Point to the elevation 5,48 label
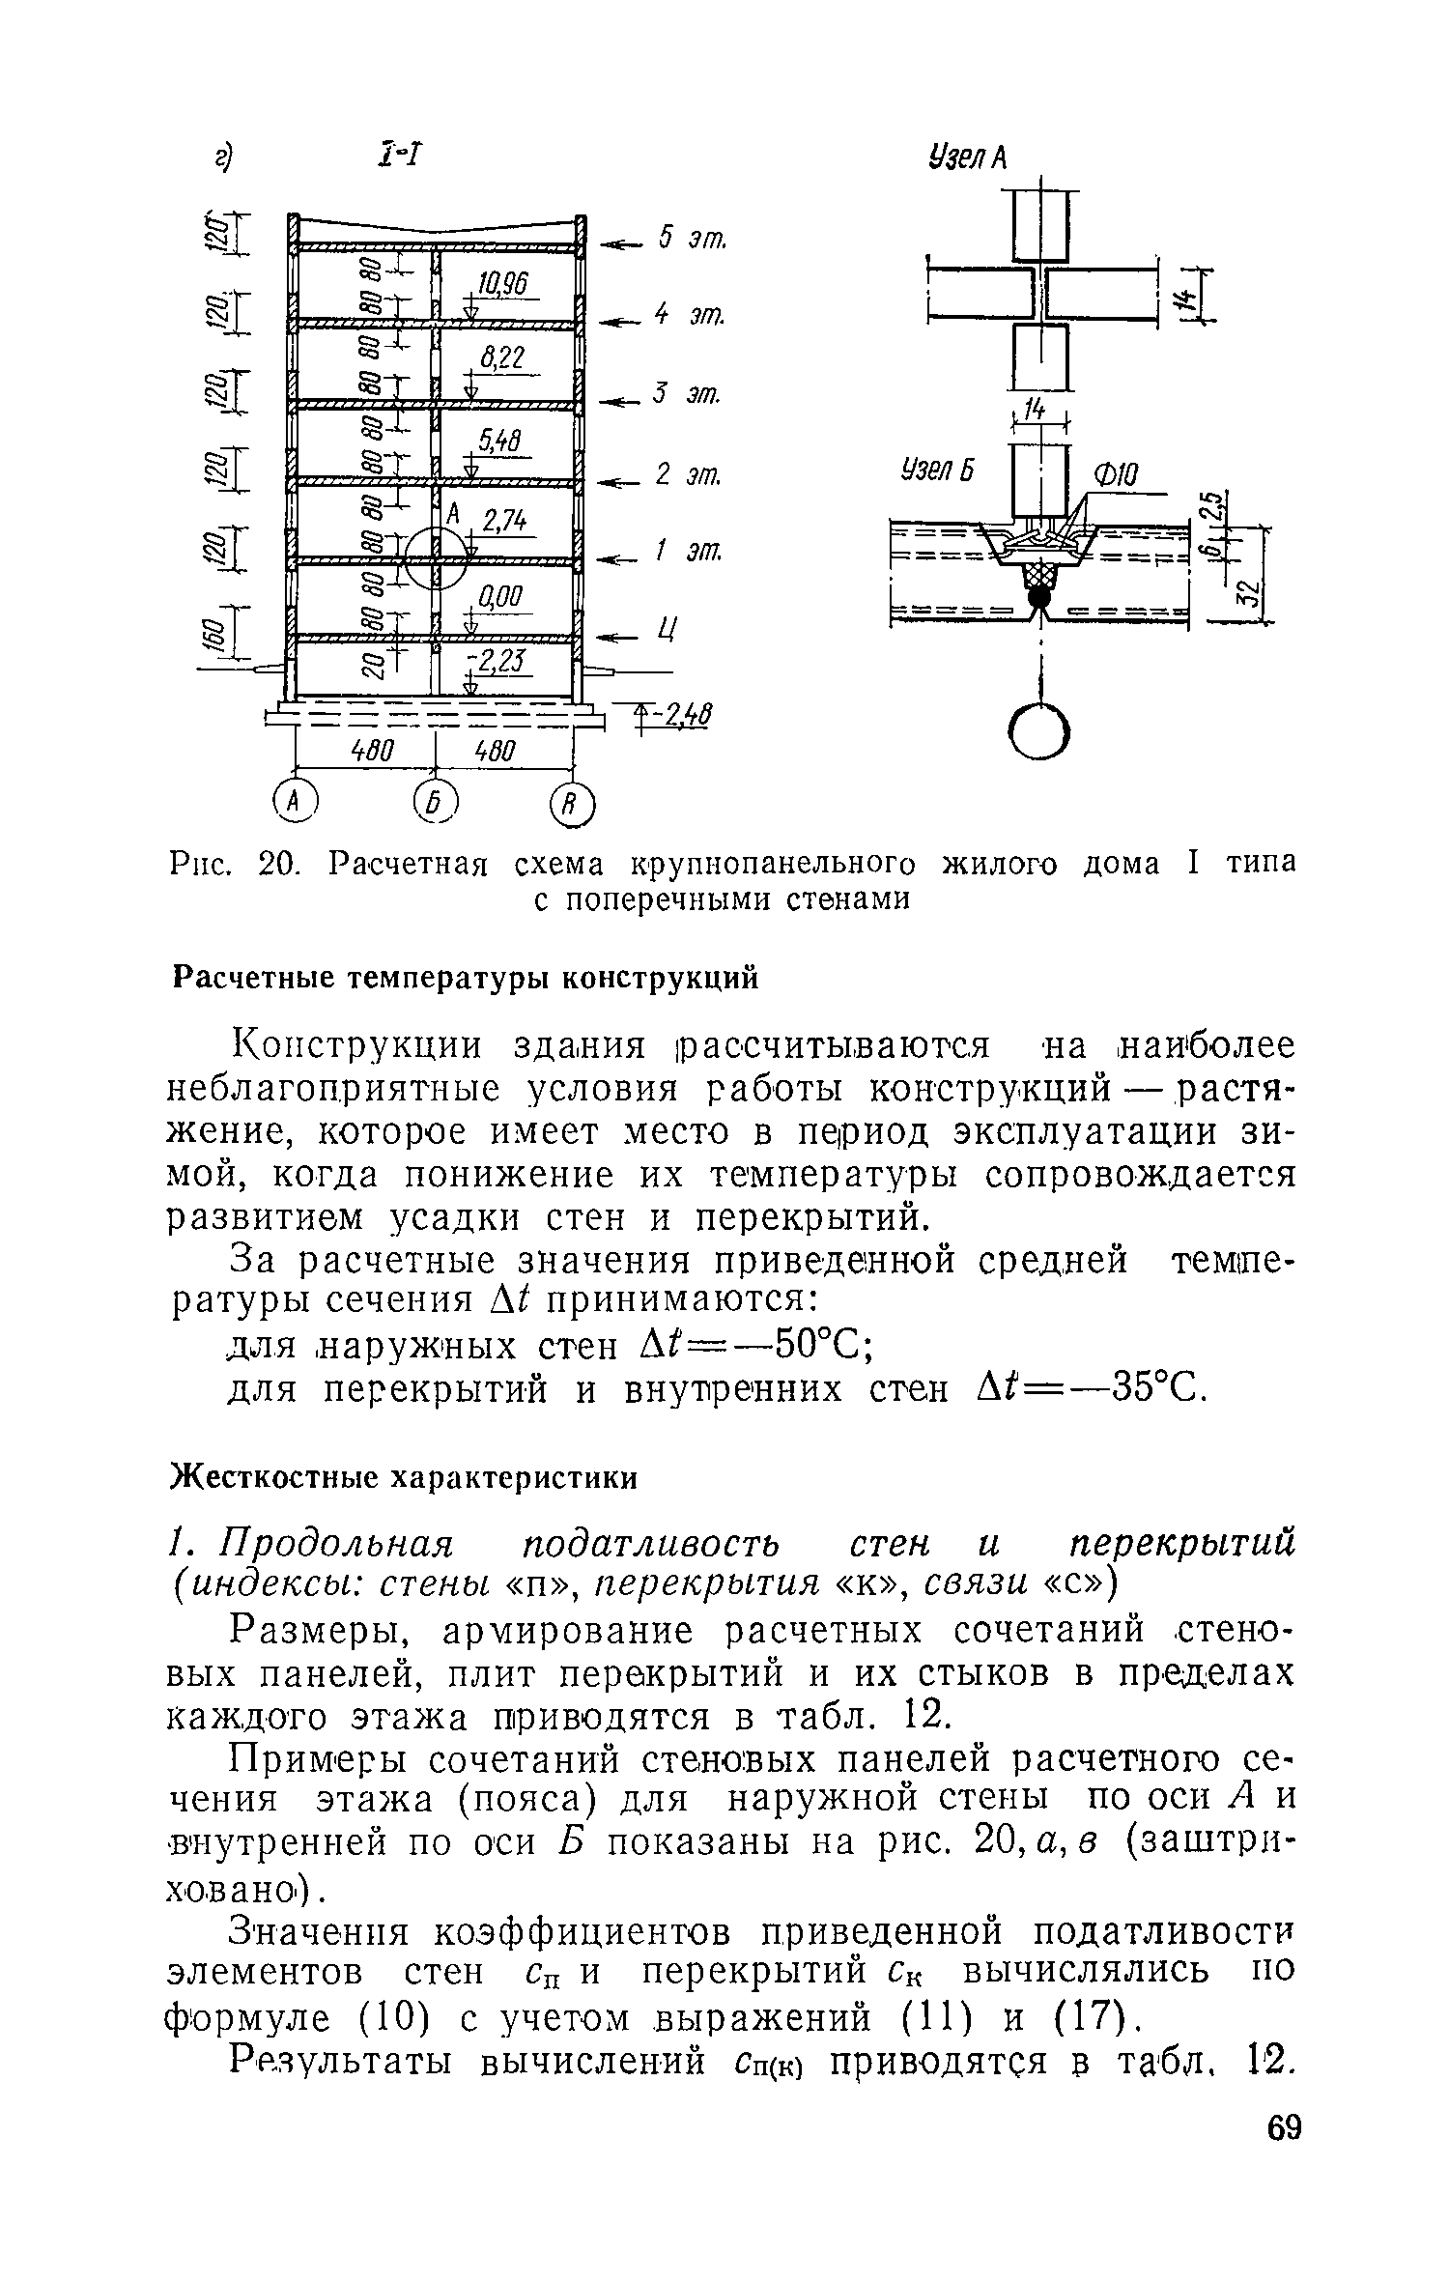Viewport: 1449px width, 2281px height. pyautogui.click(x=501, y=442)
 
